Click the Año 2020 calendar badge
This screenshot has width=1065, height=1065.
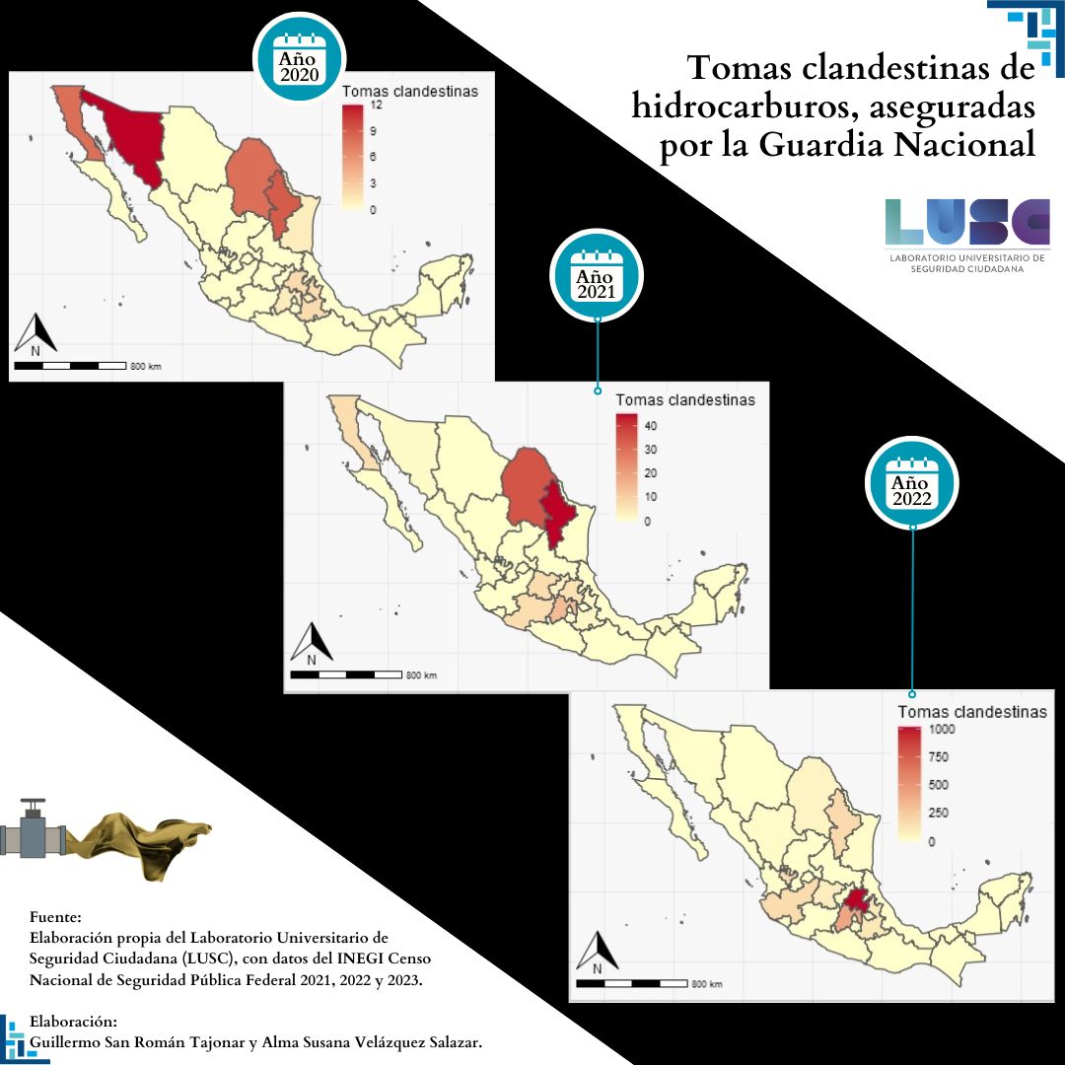[300, 57]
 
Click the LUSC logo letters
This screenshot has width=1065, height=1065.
[967, 222]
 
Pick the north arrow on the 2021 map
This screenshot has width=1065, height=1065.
[312, 644]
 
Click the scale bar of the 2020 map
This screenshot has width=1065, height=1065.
[70, 366]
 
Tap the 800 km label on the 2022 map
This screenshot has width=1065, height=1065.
[706, 984]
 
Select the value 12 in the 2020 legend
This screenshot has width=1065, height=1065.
[376, 106]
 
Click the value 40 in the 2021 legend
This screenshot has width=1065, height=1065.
[651, 426]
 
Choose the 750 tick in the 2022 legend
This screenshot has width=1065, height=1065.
[939, 757]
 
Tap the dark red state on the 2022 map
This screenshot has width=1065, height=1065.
[858, 902]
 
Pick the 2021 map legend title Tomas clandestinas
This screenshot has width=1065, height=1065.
[685, 400]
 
